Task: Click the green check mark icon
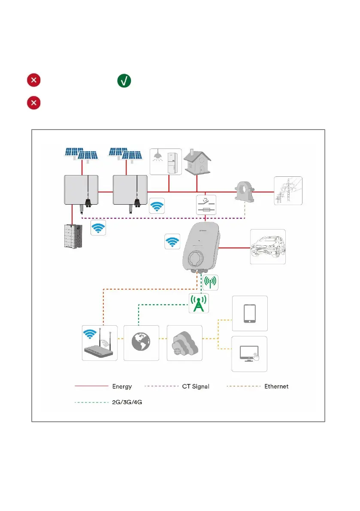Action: coord(124,81)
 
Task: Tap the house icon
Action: coord(196,162)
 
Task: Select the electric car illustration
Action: coord(267,247)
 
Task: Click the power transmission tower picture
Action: coord(288,191)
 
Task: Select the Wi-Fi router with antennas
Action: coord(100,343)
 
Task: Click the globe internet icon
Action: coord(141,343)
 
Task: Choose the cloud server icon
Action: coord(184,343)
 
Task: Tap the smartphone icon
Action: coord(250,313)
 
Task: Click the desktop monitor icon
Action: coord(250,354)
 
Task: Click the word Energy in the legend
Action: coord(122,386)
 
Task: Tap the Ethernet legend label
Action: coord(276,386)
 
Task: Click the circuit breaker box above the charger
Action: coord(206,205)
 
